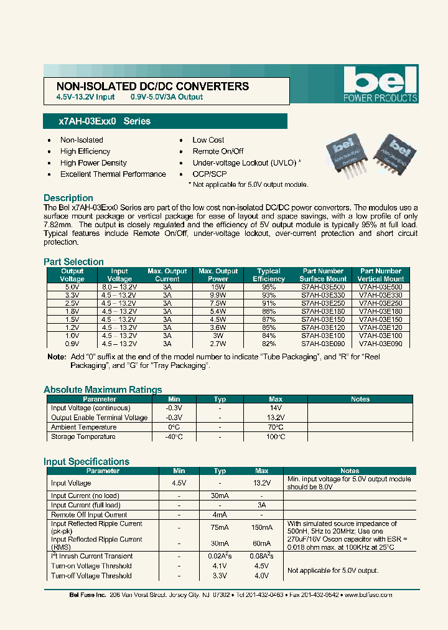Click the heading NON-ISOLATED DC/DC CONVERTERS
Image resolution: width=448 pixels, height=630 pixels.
point(152,87)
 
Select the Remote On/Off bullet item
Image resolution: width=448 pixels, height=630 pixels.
point(218,151)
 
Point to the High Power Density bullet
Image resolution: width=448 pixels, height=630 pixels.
point(93,163)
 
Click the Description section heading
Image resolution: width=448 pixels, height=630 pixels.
point(68,198)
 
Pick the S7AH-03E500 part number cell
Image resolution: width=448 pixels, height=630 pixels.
point(322,288)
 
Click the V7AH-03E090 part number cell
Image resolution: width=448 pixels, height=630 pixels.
point(381,344)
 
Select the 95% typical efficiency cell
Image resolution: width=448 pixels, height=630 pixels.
point(269,288)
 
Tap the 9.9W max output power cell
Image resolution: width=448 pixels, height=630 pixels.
point(218,296)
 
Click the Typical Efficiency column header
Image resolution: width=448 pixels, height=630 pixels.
point(269,275)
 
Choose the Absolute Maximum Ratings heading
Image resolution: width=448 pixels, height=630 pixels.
point(103,390)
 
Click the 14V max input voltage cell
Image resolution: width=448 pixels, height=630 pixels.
point(276,408)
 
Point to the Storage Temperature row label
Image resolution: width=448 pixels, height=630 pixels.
point(83,437)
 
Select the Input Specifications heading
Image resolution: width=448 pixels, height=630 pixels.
point(86,461)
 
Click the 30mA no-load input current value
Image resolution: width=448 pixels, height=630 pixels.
point(219,496)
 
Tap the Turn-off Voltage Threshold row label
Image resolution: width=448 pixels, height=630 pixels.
point(91,576)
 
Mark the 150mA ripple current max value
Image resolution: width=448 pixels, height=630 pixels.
point(263,527)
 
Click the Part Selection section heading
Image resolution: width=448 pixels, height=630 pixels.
point(73,262)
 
